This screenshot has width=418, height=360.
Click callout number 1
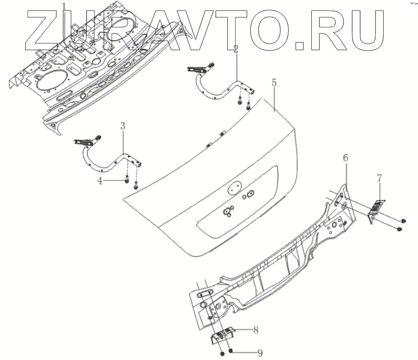click(64, 7)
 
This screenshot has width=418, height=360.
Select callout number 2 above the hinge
click(235, 49)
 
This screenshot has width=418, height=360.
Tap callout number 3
click(123, 126)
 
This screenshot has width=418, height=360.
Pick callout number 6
click(345, 158)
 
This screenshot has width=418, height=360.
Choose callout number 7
click(379, 178)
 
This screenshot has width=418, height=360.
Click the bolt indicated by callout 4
click(126, 181)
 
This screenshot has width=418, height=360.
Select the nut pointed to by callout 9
click(232, 352)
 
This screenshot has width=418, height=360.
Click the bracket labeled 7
click(376, 208)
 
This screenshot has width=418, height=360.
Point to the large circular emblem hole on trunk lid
click(234, 187)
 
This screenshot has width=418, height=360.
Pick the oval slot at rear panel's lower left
click(203, 293)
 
